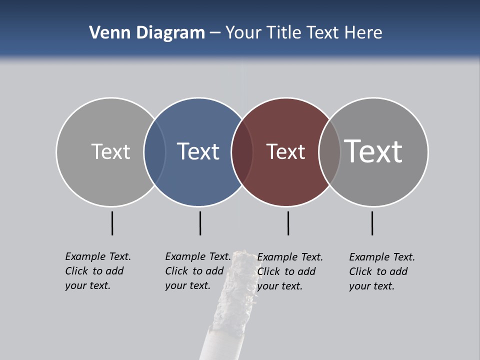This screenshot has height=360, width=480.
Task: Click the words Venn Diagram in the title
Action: pyautogui.click(x=147, y=33)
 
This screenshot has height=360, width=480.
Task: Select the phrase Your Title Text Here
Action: pyautogui.click(x=303, y=33)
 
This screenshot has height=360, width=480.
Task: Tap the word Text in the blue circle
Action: pyautogui.click(x=198, y=151)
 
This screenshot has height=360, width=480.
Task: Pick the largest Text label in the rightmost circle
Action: pyautogui.click(x=373, y=151)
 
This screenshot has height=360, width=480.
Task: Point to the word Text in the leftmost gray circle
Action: pyautogui.click(x=110, y=151)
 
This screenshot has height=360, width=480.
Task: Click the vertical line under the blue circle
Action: pyautogui.click(x=200, y=223)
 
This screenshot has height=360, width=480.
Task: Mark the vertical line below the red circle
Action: pyautogui.click(x=288, y=223)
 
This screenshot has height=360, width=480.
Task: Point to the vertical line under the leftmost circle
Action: pyautogui.click(x=112, y=223)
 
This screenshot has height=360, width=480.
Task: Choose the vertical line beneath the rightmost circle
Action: pyautogui.click(x=372, y=223)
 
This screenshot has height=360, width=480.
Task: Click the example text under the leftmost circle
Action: pyautogui.click(x=98, y=271)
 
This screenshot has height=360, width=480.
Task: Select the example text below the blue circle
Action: pyautogui.click(x=198, y=271)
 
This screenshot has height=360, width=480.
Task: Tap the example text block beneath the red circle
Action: pyautogui.click(x=290, y=271)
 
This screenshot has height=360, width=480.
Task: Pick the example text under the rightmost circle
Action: pyautogui.click(x=382, y=271)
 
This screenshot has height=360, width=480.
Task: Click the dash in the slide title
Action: pyautogui.click(x=215, y=33)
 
